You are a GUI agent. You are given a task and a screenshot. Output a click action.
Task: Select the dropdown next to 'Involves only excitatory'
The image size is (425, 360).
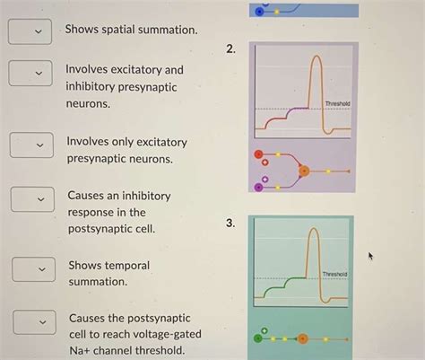pyautogui.click(x=32, y=144)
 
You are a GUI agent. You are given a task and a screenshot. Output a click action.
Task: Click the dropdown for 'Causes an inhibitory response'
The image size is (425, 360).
pyautogui.click(x=33, y=198)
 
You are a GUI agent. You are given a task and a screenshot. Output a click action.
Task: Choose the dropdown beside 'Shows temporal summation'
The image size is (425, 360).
pyautogui.click(x=34, y=269)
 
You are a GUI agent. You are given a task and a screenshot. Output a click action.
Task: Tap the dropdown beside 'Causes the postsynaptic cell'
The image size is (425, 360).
pyautogui.click(x=34, y=320)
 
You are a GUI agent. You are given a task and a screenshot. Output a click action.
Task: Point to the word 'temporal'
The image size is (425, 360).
pyautogui.click(x=126, y=266)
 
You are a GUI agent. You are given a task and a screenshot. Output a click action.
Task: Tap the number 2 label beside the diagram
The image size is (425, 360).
pyautogui.click(x=232, y=50)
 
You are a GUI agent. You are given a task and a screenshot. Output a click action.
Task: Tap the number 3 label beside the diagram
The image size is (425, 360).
pyautogui.click(x=231, y=223)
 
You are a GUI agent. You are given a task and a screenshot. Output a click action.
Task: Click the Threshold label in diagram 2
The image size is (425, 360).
pyautogui.click(x=338, y=104)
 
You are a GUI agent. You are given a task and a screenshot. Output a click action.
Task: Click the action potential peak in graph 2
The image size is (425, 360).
pyautogui.click(x=315, y=59)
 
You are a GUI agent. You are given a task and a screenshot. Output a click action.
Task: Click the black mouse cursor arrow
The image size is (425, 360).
pyautogui.click(x=370, y=257)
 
